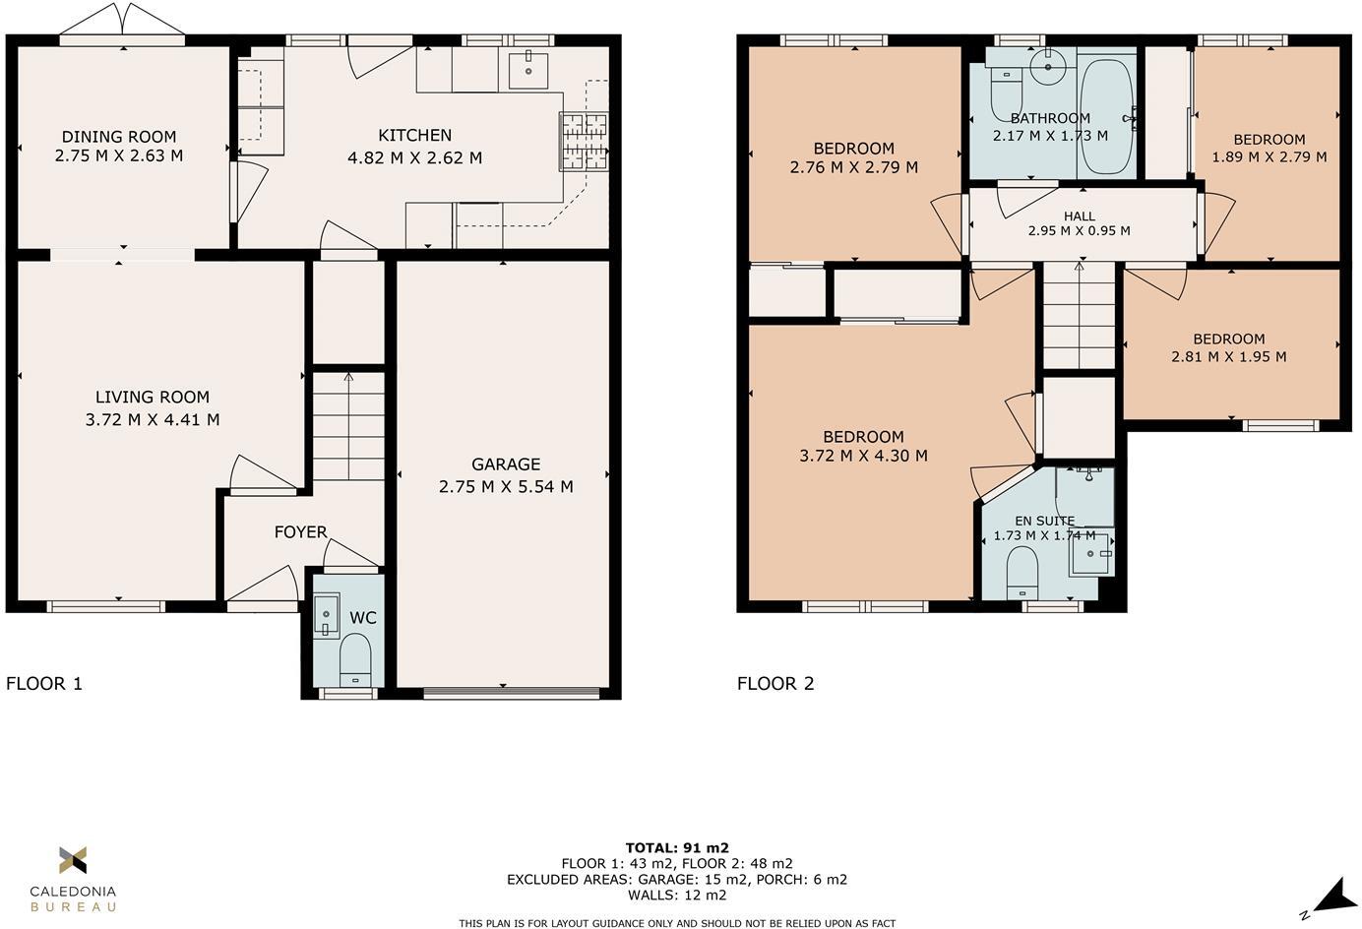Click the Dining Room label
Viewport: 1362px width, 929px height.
point(119,137)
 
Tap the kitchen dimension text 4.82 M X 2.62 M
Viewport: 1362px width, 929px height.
point(414,158)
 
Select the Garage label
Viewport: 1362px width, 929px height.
point(506,464)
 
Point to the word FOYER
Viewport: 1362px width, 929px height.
point(300,532)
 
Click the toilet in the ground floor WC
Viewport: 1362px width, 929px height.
point(355,660)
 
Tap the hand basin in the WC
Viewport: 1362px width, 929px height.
point(326,615)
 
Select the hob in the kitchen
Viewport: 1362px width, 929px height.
point(584,143)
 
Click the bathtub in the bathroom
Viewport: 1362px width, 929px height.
point(1106,117)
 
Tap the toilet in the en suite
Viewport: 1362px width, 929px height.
point(1021,573)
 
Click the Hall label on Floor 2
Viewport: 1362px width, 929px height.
point(1080,216)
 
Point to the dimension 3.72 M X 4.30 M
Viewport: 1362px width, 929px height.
point(863,456)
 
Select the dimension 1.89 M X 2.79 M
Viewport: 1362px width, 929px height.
point(1269,156)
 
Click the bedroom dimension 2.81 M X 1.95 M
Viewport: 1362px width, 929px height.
point(1229,356)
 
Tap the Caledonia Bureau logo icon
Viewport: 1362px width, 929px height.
point(73,860)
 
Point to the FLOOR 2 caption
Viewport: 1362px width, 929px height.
point(775,683)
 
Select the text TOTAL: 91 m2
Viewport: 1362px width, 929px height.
point(677,847)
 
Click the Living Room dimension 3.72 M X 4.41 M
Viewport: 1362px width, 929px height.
point(153,419)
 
